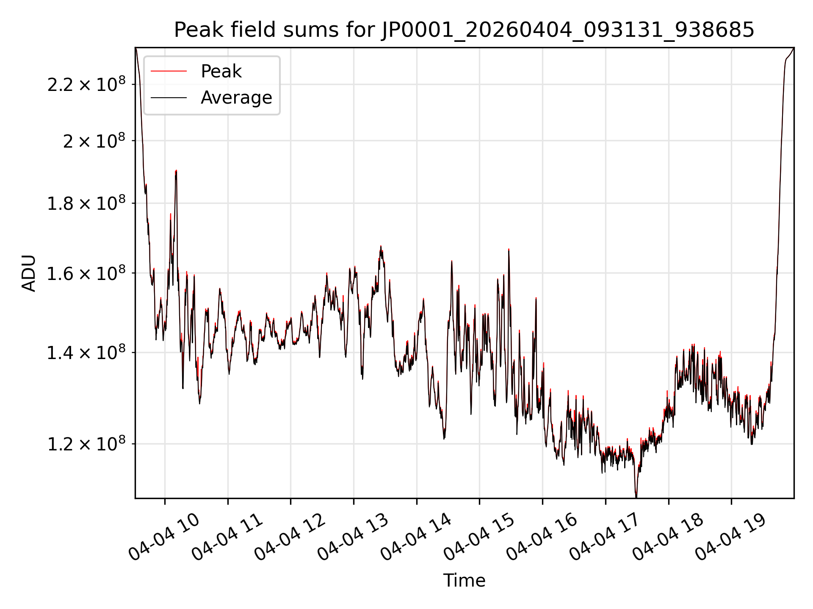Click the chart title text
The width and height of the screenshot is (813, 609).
(464, 30)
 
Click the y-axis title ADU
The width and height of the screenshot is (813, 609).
(29, 273)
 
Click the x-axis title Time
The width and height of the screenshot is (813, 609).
(464, 580)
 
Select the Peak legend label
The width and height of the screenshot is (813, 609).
(221, 71)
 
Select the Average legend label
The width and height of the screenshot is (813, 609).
(236, 98)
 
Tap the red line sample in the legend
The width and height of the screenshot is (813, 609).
(169, 71)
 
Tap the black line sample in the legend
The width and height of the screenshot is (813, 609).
(169, 98)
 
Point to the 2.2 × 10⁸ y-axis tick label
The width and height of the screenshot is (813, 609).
(86, 84)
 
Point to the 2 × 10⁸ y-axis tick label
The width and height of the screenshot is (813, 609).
(94, 140)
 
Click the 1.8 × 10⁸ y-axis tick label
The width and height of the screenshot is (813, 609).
(86, 203)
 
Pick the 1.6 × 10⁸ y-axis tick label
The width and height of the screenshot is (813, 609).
(86, 273)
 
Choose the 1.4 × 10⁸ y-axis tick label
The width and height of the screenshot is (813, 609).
(86, 352)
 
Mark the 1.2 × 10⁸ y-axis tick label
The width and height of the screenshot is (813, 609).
(86, 444)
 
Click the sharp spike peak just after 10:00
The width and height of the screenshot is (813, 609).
(176, 170)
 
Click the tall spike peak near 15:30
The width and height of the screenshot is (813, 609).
(509, 250)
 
